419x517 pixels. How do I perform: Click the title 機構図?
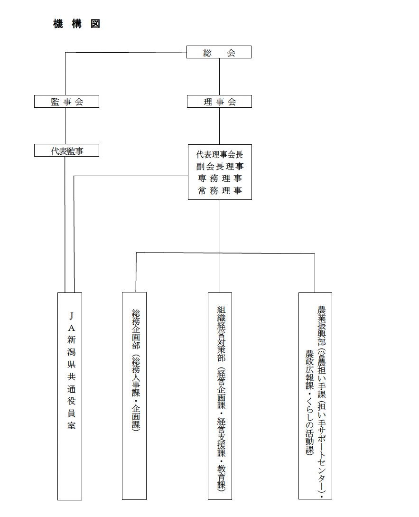click(76, 24)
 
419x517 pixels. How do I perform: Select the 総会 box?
click(219, 52)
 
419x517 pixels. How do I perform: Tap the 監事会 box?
click(66, 102)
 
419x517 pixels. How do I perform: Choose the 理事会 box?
click(219, 102)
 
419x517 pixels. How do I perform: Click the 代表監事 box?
click(66, 151)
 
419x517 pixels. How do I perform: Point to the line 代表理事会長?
click(220, 155)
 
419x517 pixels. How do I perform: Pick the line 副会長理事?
click(220, 167)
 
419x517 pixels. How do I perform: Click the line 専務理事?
click(220, 179)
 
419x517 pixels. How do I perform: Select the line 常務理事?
click(220, 190)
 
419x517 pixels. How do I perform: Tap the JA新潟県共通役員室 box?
click(70, 396)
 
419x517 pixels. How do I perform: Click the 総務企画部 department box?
click(134, 396)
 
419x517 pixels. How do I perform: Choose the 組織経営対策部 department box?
click(220, 396)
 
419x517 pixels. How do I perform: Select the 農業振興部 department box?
click(315, 396)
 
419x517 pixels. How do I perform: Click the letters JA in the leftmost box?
click(71, 321)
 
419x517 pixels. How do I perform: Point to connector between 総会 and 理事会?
click(219, 76)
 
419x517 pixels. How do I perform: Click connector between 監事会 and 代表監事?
click(65, 126)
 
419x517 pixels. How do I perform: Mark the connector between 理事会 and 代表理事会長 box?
click(219, 126)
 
